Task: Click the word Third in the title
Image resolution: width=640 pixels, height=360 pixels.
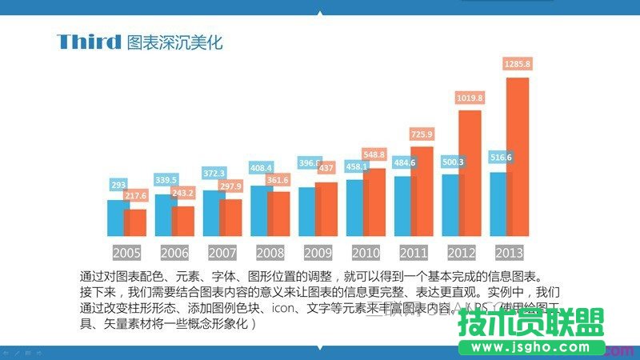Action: coord(89,42)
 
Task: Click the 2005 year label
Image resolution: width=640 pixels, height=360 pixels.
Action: coord(126,253)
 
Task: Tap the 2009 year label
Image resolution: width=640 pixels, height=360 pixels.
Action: coord(318,253)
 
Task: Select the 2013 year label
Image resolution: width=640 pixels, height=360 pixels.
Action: coord(510,253)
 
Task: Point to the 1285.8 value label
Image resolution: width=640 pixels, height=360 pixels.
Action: coord(516,63)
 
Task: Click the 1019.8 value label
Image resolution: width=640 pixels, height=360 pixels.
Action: coord(469,98)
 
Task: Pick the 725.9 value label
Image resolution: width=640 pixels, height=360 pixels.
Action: coord(421,134)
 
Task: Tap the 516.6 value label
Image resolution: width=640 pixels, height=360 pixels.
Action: coord(500,158)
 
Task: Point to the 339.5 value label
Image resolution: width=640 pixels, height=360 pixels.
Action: coord(166,180)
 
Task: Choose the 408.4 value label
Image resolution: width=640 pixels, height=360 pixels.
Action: coord(262,168)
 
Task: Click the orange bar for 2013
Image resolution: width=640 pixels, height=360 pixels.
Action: coord(518,160)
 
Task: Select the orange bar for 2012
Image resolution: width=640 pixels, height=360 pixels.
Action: coord(470,176)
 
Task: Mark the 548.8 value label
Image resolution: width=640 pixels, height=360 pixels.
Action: coord(374,154)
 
